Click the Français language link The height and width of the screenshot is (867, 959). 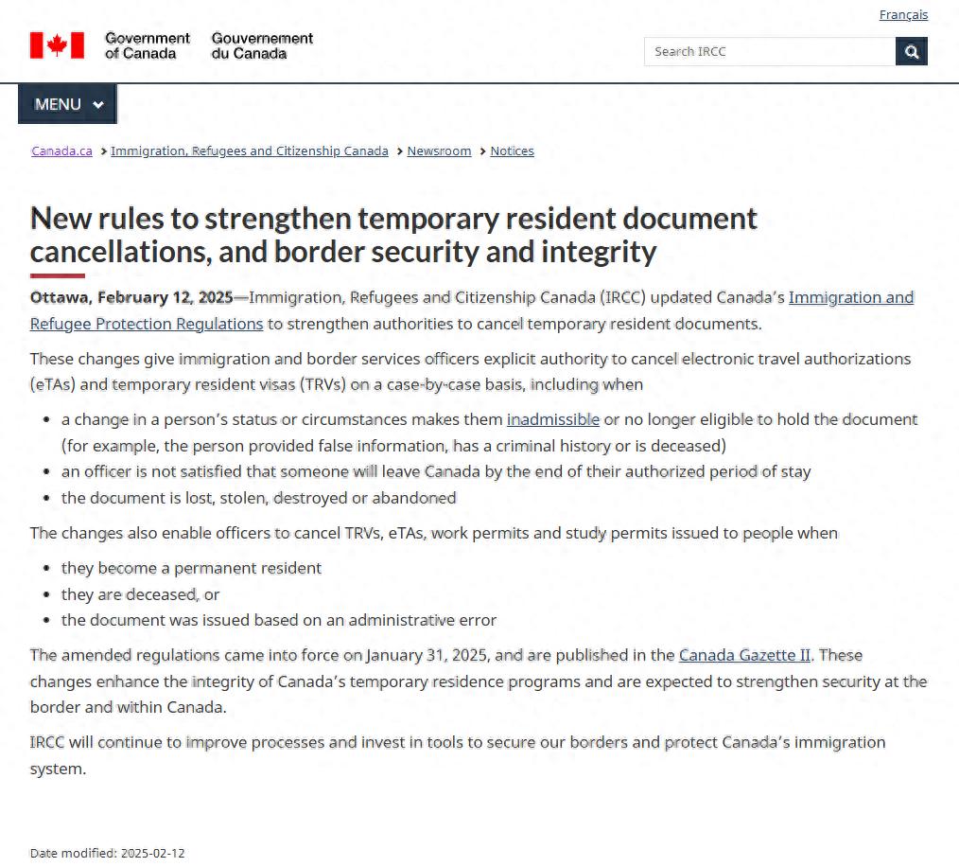point(903,15)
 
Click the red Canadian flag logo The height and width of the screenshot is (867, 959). point(57,45)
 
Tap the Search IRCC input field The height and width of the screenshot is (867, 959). point(769,51)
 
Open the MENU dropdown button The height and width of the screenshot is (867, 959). point(68,104)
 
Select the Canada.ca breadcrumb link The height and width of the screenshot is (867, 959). point(61,151)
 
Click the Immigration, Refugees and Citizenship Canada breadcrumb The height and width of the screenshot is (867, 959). point(249,151)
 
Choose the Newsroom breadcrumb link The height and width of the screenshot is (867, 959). point(439,151)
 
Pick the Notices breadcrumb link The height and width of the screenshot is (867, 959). point(512,151)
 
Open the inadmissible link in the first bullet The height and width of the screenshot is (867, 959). point(553,419)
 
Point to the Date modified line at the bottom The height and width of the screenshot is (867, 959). point(108,854)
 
